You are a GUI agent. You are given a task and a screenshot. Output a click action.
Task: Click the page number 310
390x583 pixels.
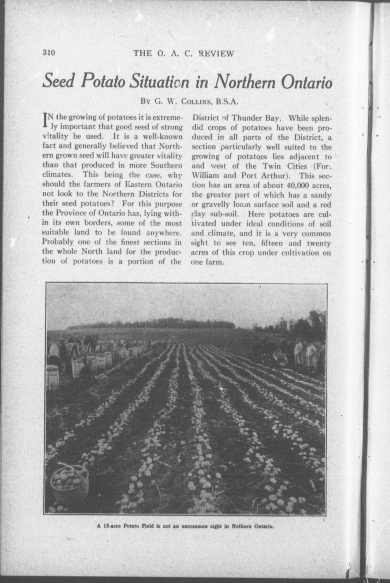coord(49,53)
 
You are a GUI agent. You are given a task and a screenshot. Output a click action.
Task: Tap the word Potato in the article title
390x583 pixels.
coord(104,81)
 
